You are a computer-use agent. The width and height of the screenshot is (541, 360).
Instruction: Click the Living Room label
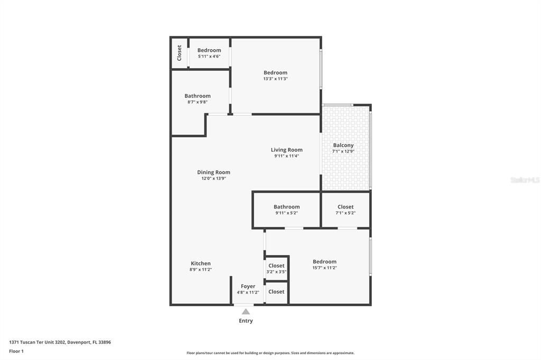tap(287, 150)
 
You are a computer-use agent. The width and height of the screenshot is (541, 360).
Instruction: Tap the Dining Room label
tap(213, 172)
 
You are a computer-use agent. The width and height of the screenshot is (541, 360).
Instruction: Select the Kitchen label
tap(201, 263)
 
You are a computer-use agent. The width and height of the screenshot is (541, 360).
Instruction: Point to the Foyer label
tap(248, 286)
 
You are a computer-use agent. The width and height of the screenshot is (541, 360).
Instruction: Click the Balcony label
tap(343, 145)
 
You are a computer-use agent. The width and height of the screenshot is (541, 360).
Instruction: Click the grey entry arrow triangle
tap(246, 312)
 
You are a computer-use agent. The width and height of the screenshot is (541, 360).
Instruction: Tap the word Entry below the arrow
tap(246, 320)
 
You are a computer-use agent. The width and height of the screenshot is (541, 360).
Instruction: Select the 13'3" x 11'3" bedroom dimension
tap(275, 79)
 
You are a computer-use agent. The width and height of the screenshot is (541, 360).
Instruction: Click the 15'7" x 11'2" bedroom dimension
tap(324, 268)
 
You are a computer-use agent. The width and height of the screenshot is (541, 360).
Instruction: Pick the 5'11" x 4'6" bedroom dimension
tap(209, 56)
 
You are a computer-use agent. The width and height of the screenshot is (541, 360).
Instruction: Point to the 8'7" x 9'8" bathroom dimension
tap(198, 102)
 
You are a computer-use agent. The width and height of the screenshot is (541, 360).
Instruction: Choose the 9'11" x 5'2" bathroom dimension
tap(286, 213)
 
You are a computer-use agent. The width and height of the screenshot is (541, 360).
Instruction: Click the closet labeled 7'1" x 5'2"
tap(346, 207)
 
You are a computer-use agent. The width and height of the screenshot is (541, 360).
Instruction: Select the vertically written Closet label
tap(180, 52)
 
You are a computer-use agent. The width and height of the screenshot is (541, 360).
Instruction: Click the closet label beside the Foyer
tap(276, 291)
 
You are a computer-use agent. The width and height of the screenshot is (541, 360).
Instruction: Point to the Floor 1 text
tap(16, 351)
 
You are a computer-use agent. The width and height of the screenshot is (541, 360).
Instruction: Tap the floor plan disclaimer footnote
tap(270, 353)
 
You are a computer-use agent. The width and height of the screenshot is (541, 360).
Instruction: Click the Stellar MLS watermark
tap(525, 180)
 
